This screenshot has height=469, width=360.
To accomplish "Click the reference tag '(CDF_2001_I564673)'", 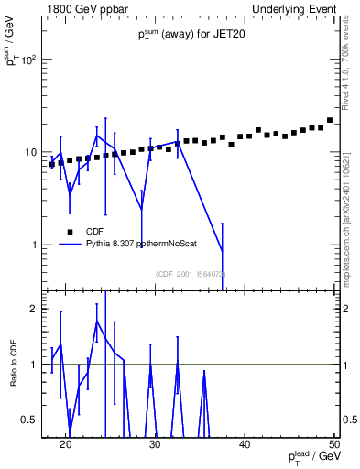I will pyautogui.click(x=190, y=273).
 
